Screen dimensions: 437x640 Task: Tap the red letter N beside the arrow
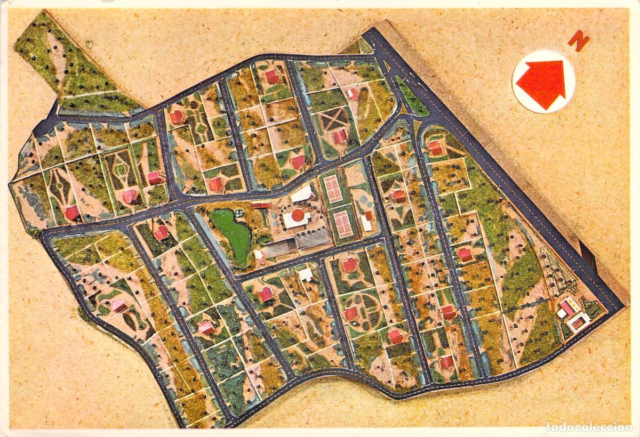point(578,40)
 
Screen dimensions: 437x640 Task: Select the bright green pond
point(233,234)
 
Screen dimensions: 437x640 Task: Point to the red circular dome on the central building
point(297,215)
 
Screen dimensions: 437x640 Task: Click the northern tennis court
point(333,189)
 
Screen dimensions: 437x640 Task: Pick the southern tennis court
point(343,224)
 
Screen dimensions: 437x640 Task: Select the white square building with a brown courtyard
point(578,321)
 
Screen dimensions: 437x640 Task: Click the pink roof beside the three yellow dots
point(567,306)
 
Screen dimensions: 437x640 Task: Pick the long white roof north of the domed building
point(301,195)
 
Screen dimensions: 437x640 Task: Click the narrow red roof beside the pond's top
point(260,205)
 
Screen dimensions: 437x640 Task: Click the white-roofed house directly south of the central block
point(306,274)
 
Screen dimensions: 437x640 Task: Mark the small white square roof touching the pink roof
point(562,313)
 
